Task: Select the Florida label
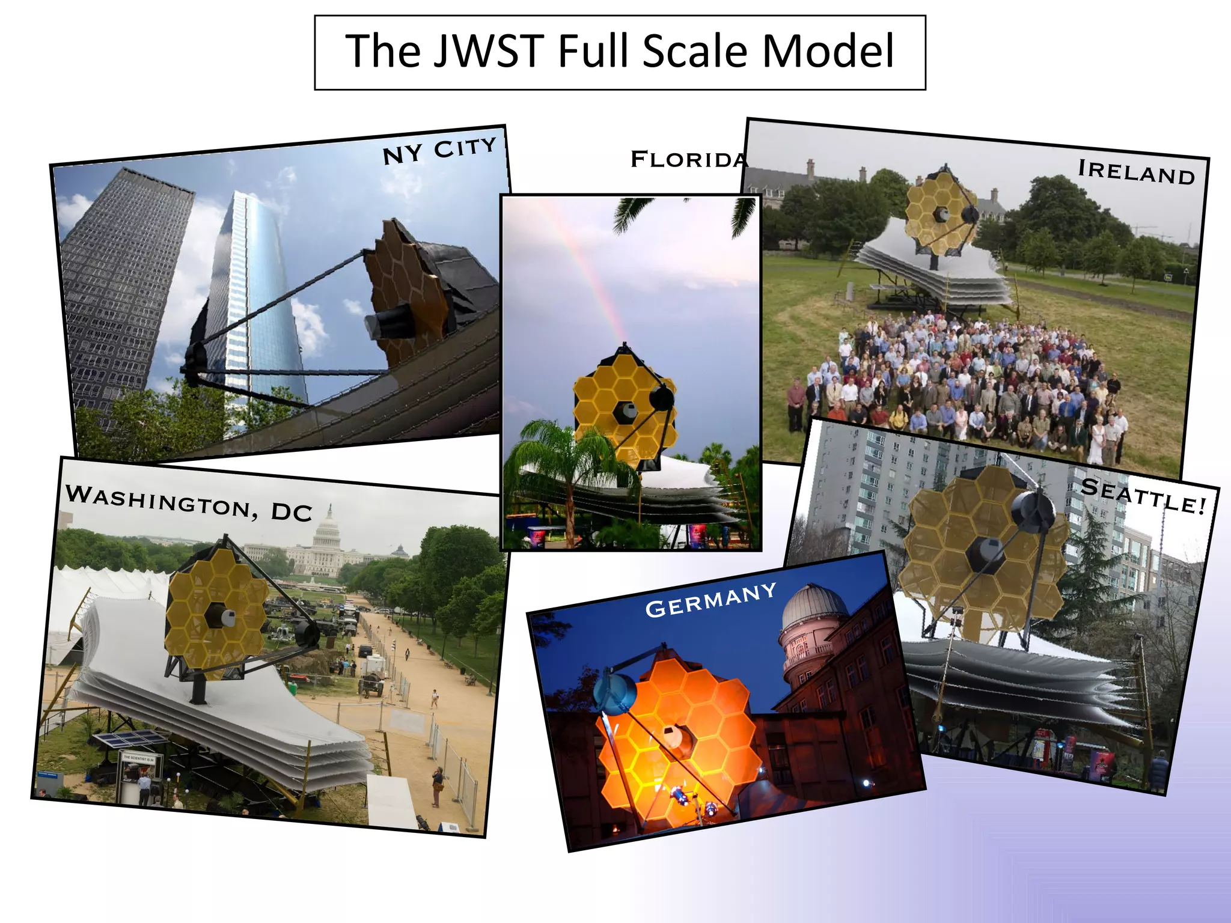pos(688,160)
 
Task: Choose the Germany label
pos(710,600)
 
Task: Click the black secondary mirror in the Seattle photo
pos(1032,511)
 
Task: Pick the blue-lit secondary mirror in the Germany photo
pos(614,692)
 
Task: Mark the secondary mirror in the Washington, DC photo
pos(307,634)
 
